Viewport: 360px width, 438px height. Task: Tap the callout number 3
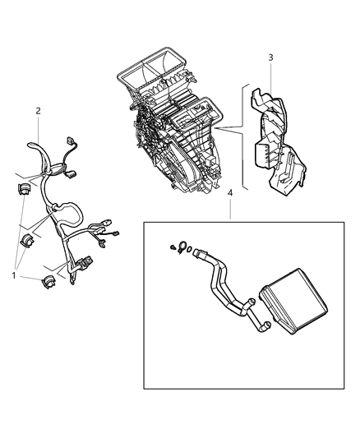[x=271, y=57]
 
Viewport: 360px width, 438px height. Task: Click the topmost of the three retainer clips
[x=23, y=191]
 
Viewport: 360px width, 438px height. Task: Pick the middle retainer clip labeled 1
[x=28, y=239]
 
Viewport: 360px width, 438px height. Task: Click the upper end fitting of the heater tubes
[x=198, y=256]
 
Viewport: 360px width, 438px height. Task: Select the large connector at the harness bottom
[x=84, y=266]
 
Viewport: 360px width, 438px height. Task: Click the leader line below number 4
[x=230, y=209]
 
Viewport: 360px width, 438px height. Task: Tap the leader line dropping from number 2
[x=38, y=128]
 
